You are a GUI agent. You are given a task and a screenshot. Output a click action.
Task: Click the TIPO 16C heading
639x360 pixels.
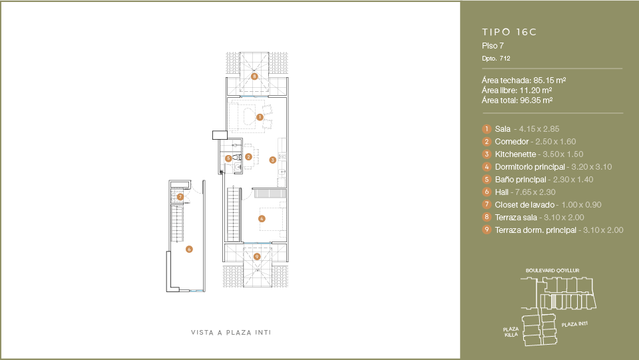[x=509, y=32]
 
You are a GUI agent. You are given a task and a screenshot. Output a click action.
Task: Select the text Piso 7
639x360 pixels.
[x=493, y=46]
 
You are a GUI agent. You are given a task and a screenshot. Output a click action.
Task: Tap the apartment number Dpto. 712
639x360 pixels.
[x=496, y=59]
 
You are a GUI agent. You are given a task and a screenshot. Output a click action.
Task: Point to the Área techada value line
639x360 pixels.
[x=524, y=81]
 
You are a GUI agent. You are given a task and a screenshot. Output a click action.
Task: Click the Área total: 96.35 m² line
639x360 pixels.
[x=517, y=100]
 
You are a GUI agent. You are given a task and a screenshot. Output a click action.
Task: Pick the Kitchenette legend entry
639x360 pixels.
[x=532, y=154]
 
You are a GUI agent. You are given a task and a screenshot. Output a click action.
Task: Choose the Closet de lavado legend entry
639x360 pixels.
[x=542, y=205]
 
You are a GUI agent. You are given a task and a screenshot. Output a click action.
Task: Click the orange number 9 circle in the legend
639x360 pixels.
[x=487, y=230]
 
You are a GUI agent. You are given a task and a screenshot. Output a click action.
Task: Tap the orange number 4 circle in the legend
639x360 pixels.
[x=487, y=166]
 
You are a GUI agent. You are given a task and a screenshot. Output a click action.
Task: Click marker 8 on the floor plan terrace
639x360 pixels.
[x=254, y=76]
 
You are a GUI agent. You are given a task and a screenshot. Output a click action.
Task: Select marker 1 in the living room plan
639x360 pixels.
[x=260, y=117]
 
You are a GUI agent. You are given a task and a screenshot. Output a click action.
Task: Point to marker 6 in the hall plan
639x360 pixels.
[x=189, y=250]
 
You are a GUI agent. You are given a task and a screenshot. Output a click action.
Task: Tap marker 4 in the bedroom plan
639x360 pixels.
[x=262, y=219]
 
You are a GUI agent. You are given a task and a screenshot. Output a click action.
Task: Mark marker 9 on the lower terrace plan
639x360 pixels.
[x=257, y=257]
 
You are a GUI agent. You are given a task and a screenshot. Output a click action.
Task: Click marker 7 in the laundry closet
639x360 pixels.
[x=180, y=197]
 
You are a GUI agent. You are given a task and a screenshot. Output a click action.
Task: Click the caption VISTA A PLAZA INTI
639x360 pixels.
[x=231, y=333]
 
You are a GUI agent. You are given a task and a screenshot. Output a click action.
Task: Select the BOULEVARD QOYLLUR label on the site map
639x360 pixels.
[x=552, y=270]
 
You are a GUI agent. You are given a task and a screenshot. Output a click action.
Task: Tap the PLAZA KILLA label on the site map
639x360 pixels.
[x=511, y=332]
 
